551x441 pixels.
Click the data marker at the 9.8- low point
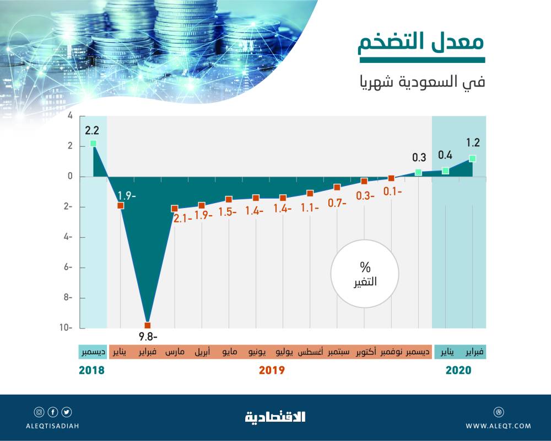(148, 325)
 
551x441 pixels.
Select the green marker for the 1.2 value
(472, 158)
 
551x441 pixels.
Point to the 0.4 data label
(445, 156)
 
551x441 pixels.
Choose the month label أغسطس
(311, 352)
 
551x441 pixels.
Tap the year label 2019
(272, 370)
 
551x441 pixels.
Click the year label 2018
(91, 370)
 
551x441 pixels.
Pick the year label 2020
(458, 370)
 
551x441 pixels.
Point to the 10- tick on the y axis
(67, 328)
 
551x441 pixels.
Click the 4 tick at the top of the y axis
(70, 116)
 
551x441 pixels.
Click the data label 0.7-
(336, 203)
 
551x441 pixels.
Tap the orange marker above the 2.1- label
(175, 208)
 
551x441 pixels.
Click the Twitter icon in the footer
(67, 412)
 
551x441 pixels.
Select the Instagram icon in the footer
(39, 412)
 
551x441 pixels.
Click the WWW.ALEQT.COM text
(498, 426)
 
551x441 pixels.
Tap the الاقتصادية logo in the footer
(275, 417)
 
